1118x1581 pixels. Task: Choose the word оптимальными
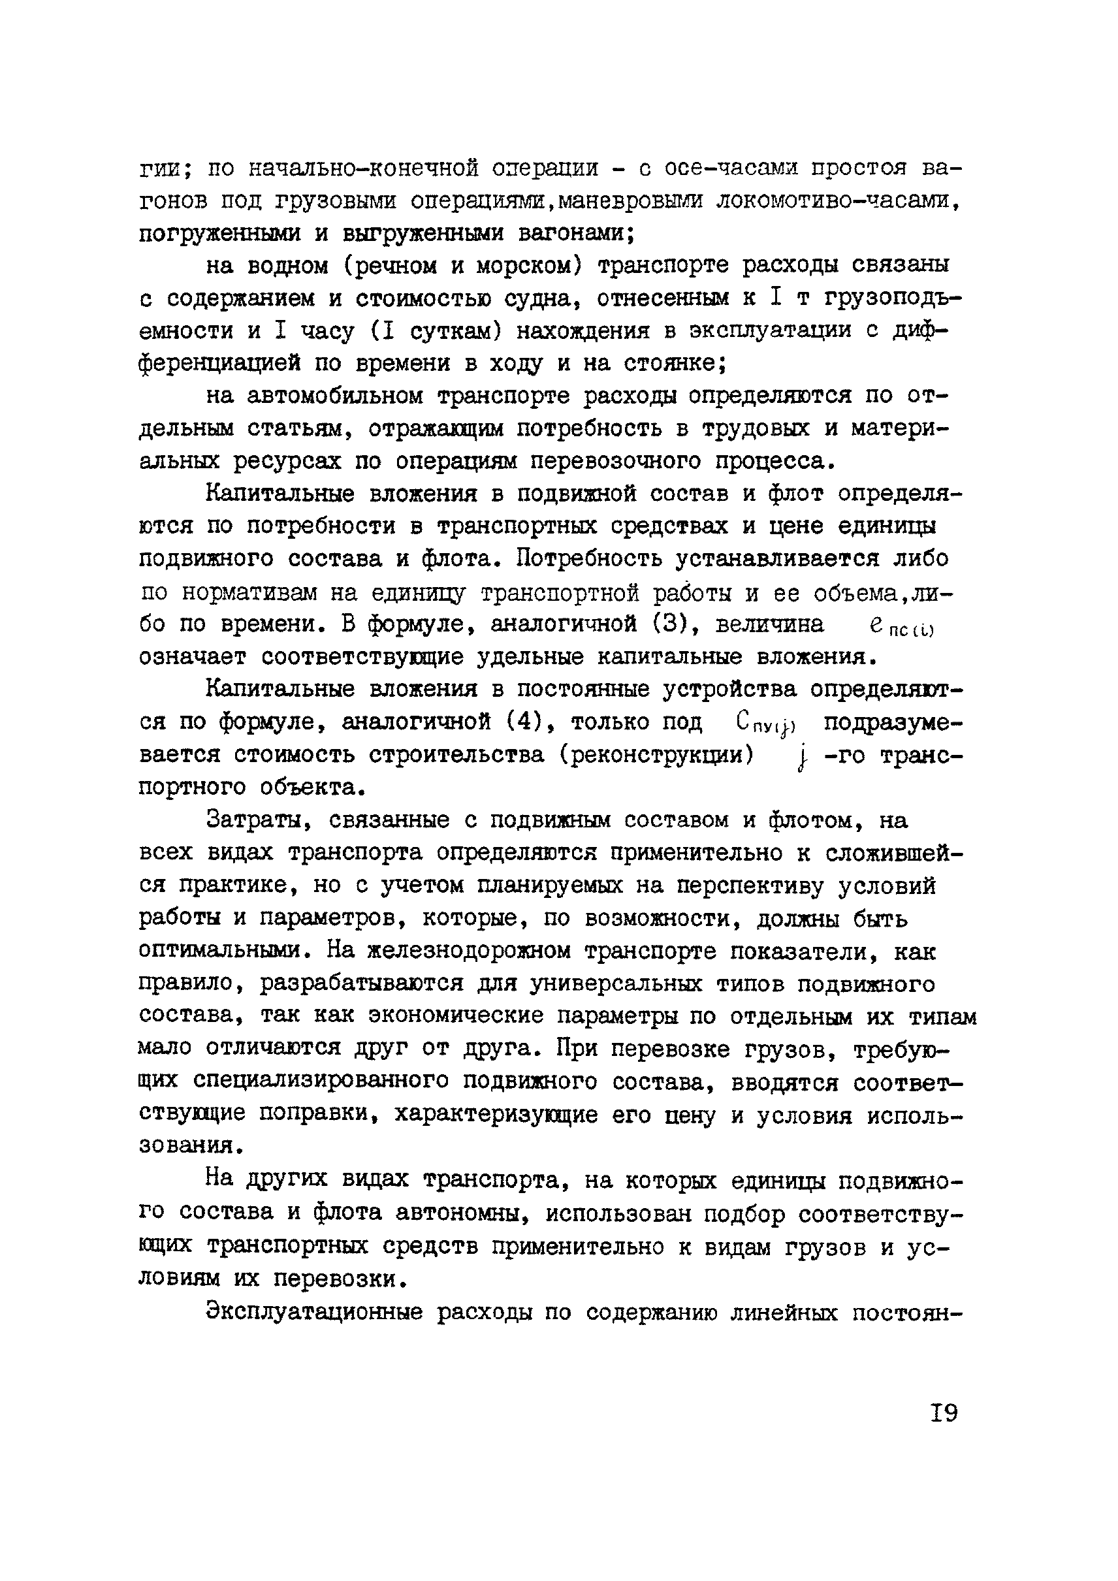point(226,951)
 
